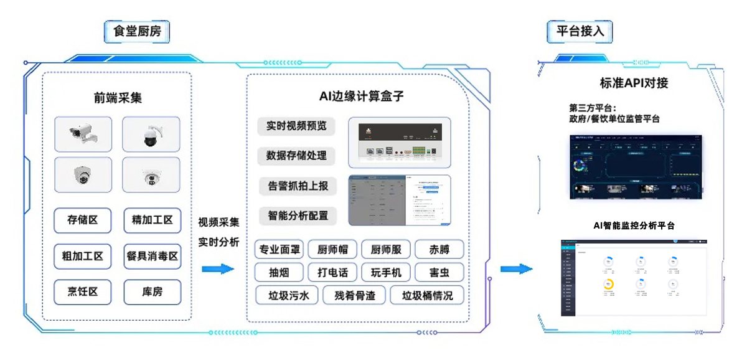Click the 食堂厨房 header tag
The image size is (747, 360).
pos(138,31)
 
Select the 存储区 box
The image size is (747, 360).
pos(83,220)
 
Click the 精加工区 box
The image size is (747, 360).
pos(153,220)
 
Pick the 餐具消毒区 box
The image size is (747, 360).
pos(153,255)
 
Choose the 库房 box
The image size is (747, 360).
pos(153,291)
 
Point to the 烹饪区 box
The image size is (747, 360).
pos(83,291)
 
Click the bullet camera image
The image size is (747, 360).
pos(83,133)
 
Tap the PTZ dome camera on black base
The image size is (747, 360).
pos(151,133)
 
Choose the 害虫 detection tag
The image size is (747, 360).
pos(439,272)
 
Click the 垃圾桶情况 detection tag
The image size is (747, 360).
pos(427,295)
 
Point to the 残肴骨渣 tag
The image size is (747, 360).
pos(354,295)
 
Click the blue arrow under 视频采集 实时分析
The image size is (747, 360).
pos(218,269)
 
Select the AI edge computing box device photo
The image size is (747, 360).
pos(398,143)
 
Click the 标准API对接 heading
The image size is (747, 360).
pos(634,83)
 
